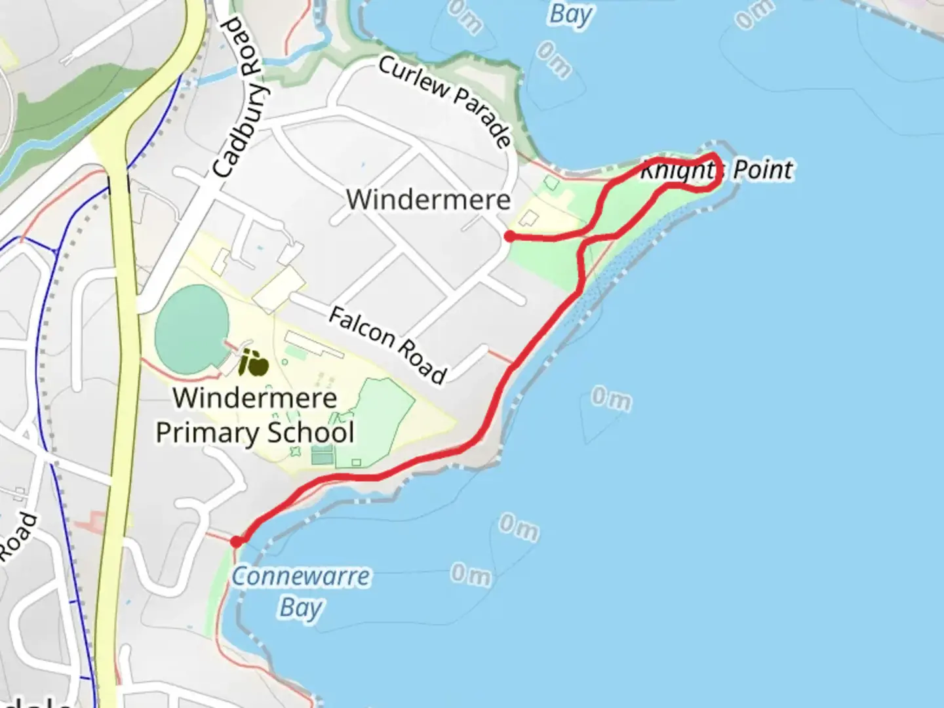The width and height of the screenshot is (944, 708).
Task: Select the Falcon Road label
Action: [x=387, y=345]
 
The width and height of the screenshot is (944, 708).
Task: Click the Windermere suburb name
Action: [x=428, y=199]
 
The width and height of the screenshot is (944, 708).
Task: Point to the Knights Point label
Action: [x=717, y=170]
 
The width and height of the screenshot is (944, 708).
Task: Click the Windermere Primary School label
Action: [x=255, y=415]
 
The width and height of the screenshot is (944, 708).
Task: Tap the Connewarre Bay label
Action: [x=301, y=592]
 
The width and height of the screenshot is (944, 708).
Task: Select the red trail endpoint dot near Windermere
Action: [x=509, y=237]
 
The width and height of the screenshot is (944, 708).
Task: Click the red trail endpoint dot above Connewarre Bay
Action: [x=236, y=541]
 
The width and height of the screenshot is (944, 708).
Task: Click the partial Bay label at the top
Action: [x=570, y=14]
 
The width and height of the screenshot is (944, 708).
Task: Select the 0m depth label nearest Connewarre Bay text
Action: [x=470, y=574]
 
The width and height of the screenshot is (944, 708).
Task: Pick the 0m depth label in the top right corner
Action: [x=754, y=14]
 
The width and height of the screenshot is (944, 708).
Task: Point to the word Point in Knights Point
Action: [x=762, y=170]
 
